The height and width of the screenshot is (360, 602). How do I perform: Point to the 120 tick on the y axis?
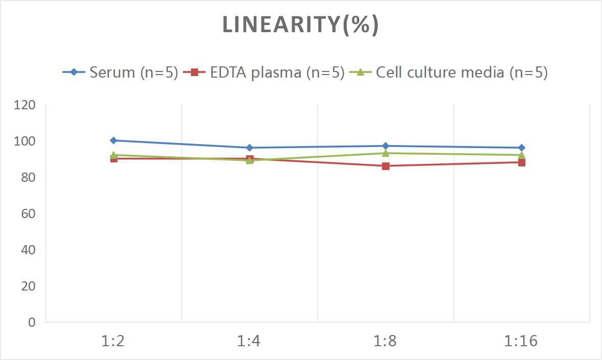point(25,105)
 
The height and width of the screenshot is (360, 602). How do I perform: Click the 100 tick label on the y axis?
point(25,141)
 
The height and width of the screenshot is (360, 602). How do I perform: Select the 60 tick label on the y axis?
point(28,213)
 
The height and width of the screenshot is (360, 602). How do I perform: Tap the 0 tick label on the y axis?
point(32,322)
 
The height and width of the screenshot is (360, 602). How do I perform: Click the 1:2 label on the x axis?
point(113,341)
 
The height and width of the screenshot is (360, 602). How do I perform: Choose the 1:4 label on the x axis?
point(250,341)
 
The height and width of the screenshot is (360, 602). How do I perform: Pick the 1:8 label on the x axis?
point(386,341)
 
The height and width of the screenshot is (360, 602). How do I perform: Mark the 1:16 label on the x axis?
point(521,341)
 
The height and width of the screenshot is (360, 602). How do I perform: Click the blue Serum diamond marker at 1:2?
point(113,140)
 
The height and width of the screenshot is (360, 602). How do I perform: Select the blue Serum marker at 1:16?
point(521,148)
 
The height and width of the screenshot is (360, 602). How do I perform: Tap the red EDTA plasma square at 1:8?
point(386,166)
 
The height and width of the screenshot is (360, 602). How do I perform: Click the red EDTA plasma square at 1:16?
point(521,162)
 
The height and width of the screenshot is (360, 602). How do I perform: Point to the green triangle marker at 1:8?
point(386,153)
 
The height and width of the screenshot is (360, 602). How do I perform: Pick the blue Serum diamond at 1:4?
point(250,148)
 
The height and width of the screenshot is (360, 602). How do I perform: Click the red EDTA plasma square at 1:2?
point(113,159)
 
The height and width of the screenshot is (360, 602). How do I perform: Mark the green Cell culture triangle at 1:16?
point(521,154)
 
